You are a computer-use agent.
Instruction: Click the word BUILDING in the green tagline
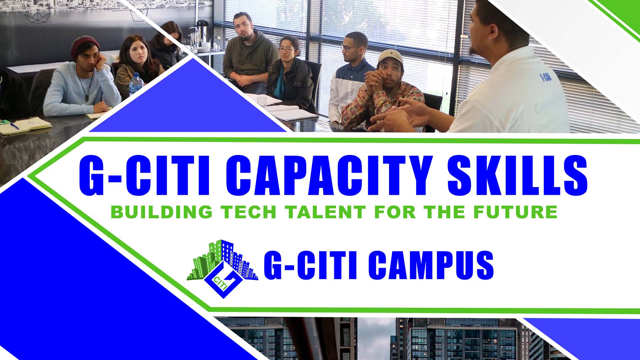point(162,212)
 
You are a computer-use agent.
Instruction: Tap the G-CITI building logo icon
point(222,268)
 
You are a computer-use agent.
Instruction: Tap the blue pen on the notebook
point(14,125)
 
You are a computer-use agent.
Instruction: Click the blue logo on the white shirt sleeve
point(545,77)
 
